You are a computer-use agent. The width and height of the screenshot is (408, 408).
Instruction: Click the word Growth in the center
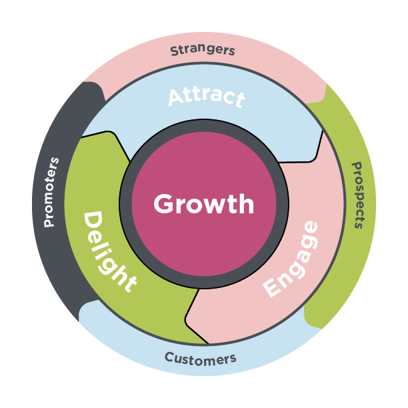(203, 204)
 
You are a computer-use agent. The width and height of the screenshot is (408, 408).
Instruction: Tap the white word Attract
(206, 97)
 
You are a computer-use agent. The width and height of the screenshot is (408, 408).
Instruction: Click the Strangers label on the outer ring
(203, 50)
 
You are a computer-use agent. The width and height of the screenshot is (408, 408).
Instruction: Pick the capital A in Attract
(176, 97)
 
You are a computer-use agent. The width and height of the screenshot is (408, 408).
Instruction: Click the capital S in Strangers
(175, 51)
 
